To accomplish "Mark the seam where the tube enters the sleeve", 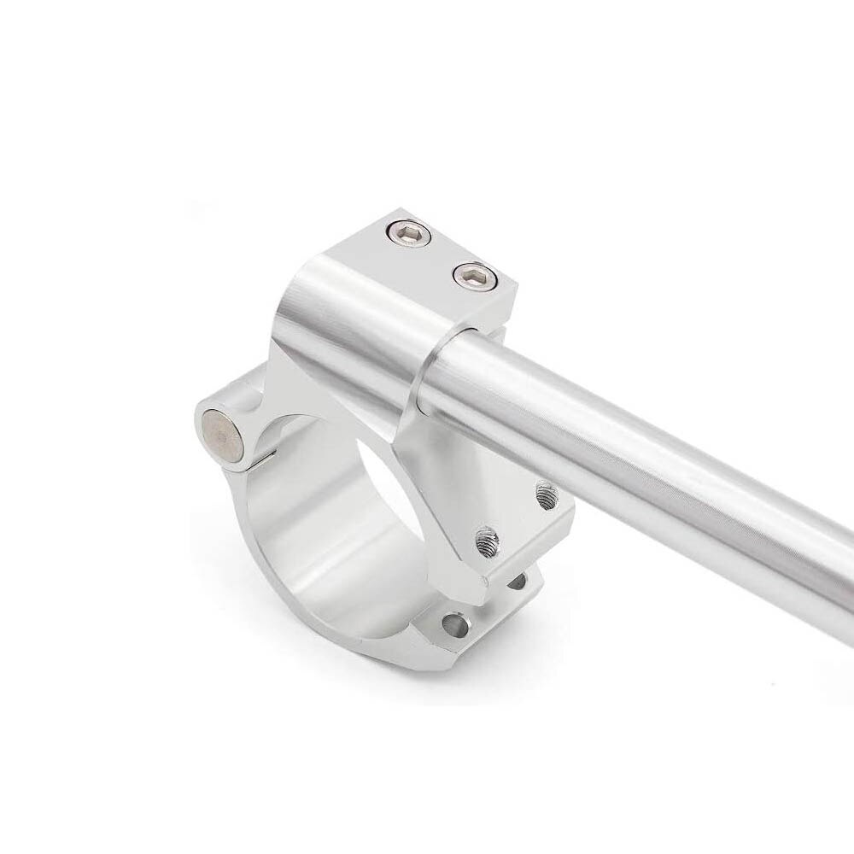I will pyautogui.click(x=427, y=376).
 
